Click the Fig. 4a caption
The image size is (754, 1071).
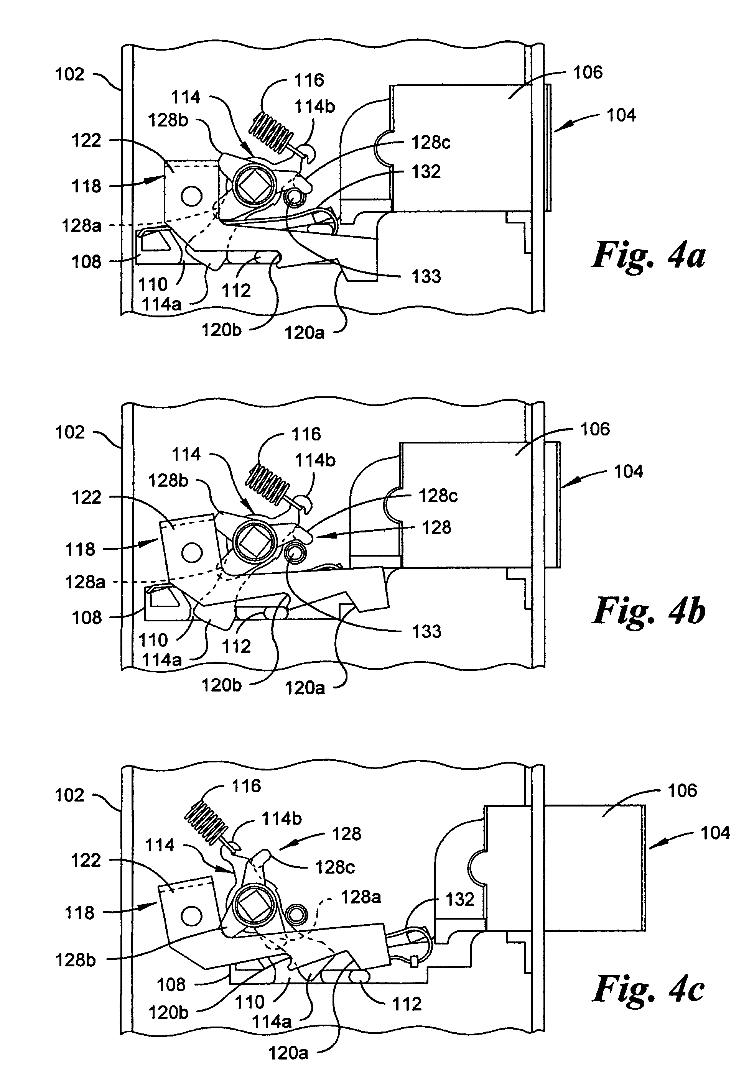pyautogui.click(x=649, y=255)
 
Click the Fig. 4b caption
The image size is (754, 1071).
pyautogui.click(x=649, y=611)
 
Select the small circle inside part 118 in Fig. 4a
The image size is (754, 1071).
pyautogui.click(x=191, y=196)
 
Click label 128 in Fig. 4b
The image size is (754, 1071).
pyautogui.click(x=436, y=527)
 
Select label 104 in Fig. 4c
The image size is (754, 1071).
pyautogui.click(x=715, y=833)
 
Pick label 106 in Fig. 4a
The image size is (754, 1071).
pyautogui.click(x=588, y=72)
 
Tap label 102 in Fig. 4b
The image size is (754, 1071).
pyautogui.click(x=70, y=432)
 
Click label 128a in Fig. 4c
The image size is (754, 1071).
pyautogui.click(x=361, y=897)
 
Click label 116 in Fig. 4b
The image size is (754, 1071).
pyautogui.click(x=306, y=434)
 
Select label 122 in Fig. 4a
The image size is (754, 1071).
pyautogui.click(x=86, y=140)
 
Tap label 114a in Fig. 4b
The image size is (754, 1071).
pyautogui.click(x=161, y=660)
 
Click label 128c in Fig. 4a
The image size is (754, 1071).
pyautogui.click(x=430, y=143)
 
